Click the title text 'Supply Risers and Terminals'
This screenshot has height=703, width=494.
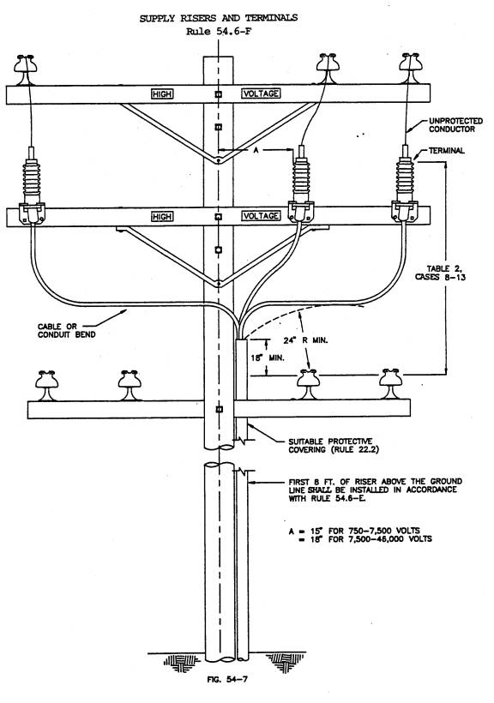pyautogui.click(x=218, y=18)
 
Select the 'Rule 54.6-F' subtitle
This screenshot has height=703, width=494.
pyautogui.click(x=219, y=32)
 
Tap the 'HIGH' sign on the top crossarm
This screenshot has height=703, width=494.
pyautogui.click(x=162, y=93)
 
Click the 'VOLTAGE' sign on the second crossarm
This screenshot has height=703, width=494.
pyautogui.click(x=261, y=216)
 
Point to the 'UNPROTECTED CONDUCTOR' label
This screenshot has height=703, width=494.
pyautogui.click(x=455, y=125)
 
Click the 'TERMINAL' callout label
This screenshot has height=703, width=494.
pyautogui.click(x=447, y=151)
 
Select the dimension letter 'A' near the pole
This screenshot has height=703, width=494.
pyautogui.click(x=256, y=150)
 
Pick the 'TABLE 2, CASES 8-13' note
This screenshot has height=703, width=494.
pyautogui.click(x=440, y=273)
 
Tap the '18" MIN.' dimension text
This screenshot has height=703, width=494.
pyautogui.click(x=268, y=358)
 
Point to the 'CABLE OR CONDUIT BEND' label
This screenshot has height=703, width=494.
pyautogui.click(x=66, y=330)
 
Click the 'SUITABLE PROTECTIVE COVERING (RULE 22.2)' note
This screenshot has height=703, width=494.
pyautogui.click(x=334, y=446)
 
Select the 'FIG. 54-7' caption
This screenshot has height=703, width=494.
pyautogui.click(x=227, y=679)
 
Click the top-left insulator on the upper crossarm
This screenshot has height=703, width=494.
pyautogui.click(x=25, y=69)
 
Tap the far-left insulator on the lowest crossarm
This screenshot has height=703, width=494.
pyautogui.click(x=47, y=386)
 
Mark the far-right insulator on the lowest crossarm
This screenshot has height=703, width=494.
pyautogui.click(x=391, y=384)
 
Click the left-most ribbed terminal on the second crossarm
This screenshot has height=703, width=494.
pyautogui.click(x=32, y=184)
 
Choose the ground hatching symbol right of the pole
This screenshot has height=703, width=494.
pyautogui.click(x=286, y=662)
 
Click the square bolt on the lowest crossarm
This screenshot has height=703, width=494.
pyautogui.click(x=219, y=409)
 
